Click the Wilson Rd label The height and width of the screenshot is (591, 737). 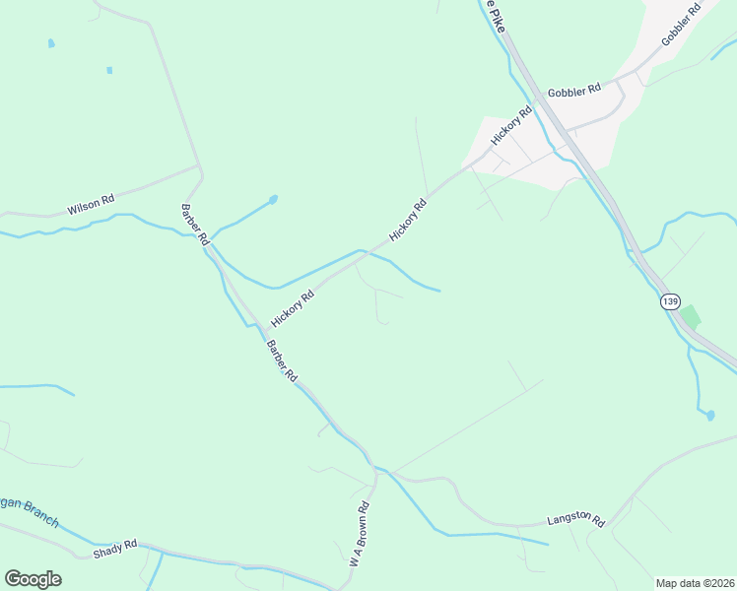coord(91,204)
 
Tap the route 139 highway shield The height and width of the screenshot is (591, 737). coord(671,301)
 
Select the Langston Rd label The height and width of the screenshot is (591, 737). coord(574,518)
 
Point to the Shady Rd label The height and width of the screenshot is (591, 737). coord(115,549)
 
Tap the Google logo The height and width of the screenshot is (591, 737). coord(33,579)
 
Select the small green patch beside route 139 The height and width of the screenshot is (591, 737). coord(692,317)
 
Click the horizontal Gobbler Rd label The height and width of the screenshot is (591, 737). coord(574,90)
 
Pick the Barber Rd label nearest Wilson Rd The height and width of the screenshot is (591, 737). coord(195,225)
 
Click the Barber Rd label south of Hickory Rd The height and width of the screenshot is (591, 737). coord(282,361)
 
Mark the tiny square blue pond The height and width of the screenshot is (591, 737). coord(109,70)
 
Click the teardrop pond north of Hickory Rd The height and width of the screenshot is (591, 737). coord(272,199)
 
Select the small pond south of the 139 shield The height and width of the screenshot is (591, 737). coord(709,416)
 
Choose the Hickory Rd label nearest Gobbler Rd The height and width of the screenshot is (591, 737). coord(511,126)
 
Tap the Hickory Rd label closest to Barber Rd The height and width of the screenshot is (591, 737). coord(293,307)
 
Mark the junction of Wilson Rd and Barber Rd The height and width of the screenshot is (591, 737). coord(201,167)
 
